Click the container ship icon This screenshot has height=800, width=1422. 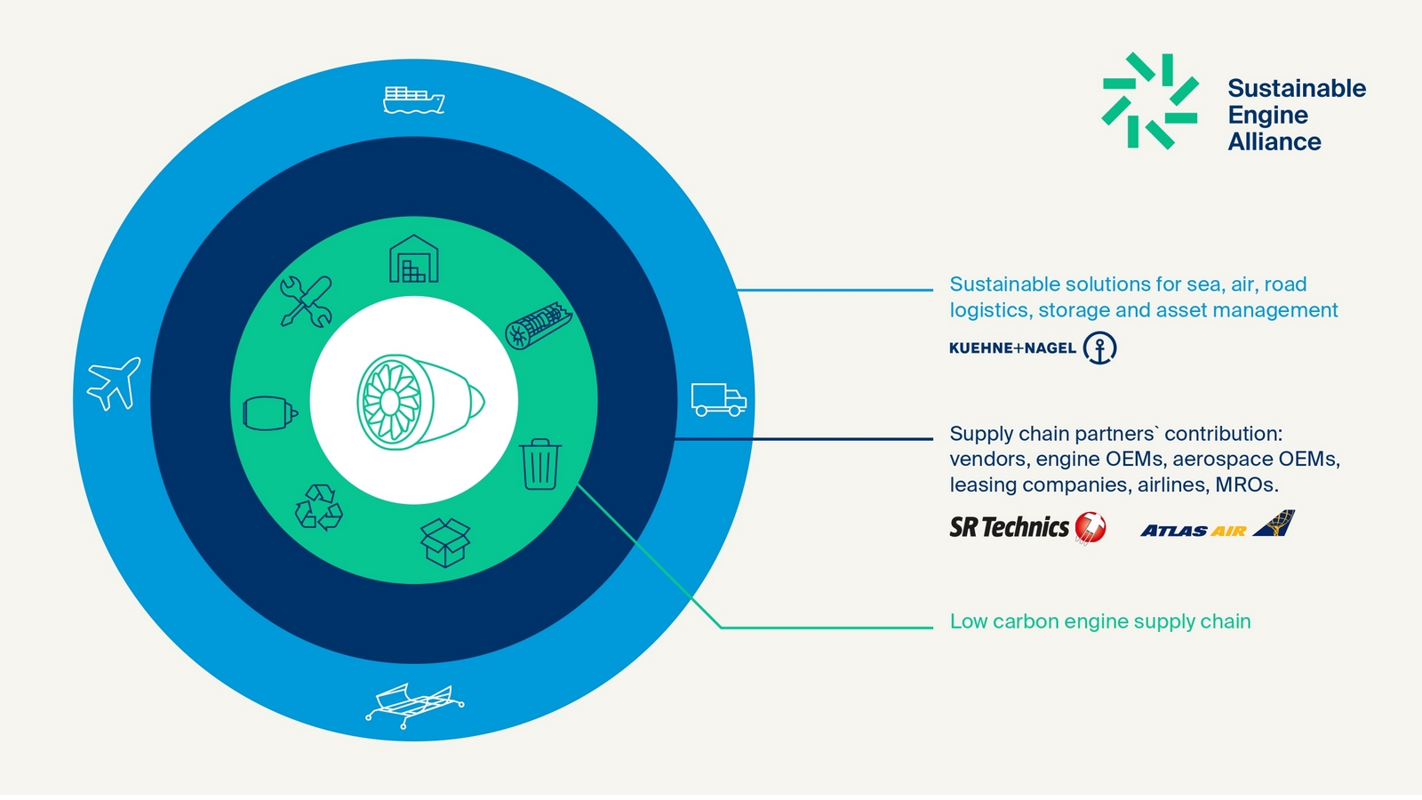[x=413, y=100]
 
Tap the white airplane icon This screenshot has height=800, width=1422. [x=114, y=383]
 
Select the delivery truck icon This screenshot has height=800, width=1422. [x=719, y=400]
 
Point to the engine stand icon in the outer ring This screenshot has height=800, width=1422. [x=414, y=706]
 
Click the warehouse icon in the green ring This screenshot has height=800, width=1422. [x=414, y=259]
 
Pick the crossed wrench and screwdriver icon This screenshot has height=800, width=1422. [x=306, y=301]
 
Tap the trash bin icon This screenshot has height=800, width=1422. [x=540, y=464]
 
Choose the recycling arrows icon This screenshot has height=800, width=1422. [x=319, y=508]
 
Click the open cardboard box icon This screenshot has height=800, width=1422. [x=445, y=542]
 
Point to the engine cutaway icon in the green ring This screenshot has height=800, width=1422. [x=539, y=325]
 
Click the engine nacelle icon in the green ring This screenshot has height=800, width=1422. [x=270, y=412]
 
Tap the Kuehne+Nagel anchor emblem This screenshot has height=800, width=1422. [x=1099, y=348]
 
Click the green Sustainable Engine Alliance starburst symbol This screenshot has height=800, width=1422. [x=1150, y=101]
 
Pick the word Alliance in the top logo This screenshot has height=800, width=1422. [x=1274, y=141]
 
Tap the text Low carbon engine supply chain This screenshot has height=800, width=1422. [x=1100, y=621]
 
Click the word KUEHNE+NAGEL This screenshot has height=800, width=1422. [x=1012, y=348]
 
